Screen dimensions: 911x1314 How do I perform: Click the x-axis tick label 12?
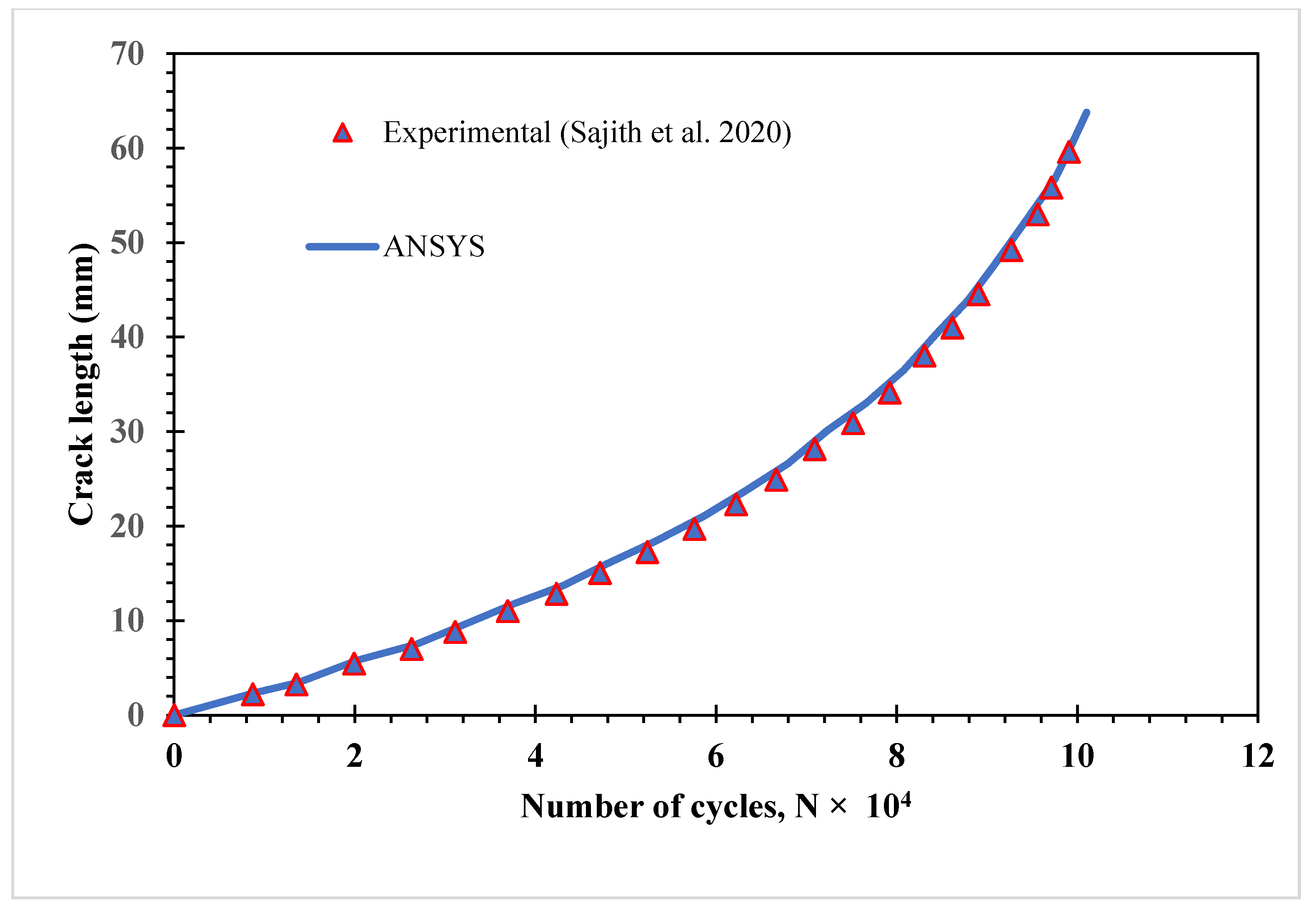click(x=1257, y=756)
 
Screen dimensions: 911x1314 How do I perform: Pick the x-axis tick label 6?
click(x=715, y=756)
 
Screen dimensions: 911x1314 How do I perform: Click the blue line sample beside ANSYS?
click(x=343, y=247)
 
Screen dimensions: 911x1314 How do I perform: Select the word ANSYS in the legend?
click(x=434, y=247)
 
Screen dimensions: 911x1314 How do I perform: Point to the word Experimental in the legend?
click(x=466, y=133)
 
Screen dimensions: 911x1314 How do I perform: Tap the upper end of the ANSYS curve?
click(x=1086, y=113)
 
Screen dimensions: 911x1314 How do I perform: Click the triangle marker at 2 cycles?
click(x=354, y=664)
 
